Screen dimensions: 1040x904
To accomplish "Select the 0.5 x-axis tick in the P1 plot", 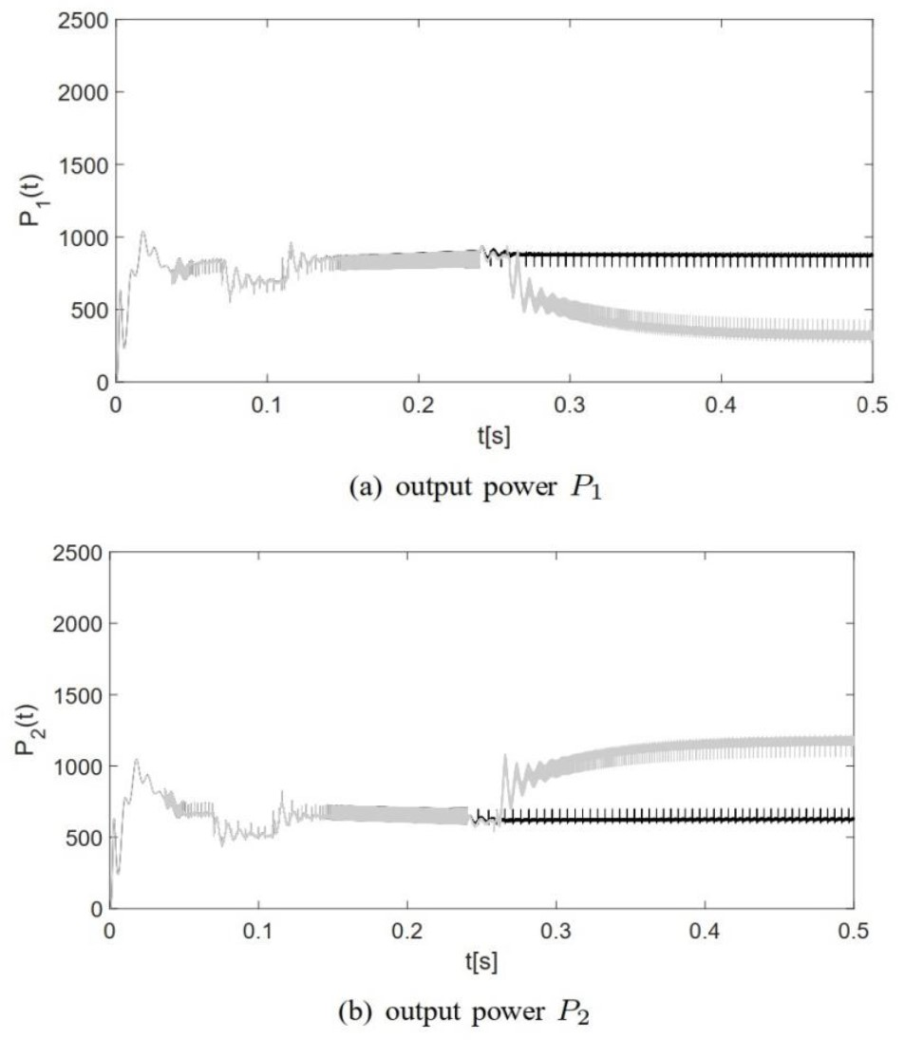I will click(x=871, y=404).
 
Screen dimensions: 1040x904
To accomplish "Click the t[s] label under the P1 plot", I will click(x=493, y=433).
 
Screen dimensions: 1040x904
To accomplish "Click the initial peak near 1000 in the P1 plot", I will click(x=143, y=232).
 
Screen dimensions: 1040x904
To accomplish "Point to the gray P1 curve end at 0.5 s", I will click(x=870, y=334).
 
